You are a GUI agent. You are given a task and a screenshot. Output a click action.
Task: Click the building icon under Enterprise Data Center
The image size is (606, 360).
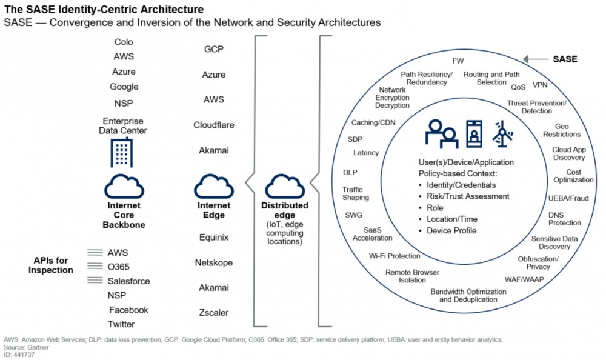pos(121,152)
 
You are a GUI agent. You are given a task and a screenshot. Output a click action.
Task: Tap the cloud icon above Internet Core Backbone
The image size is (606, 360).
pos(124,185)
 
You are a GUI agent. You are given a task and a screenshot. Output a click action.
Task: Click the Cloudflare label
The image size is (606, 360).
pos(214,125)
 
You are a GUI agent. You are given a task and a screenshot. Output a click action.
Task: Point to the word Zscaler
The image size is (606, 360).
pos(214,313)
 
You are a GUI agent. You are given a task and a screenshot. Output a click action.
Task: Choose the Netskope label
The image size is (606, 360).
pos(214,263)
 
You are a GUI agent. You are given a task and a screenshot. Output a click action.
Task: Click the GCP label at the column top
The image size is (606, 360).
pos(214,50)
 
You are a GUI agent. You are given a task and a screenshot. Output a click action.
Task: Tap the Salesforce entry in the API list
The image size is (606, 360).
pos(128,281)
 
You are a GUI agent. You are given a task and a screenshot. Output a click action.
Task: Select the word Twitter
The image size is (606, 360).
pos(121,324)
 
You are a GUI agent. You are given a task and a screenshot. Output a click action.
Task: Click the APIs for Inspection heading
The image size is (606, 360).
pos(51,265)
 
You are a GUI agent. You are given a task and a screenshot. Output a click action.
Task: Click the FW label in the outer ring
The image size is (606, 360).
pos(458,61)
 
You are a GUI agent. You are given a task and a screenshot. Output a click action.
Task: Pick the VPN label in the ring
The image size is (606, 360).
pos(540,85)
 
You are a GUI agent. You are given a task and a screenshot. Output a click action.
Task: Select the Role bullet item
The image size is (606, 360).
pos(436,207)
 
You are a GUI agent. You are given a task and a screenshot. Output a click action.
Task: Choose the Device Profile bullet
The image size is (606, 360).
pos(451,230)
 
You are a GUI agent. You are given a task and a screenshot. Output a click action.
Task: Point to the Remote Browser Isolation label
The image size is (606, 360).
pos(412,277)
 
